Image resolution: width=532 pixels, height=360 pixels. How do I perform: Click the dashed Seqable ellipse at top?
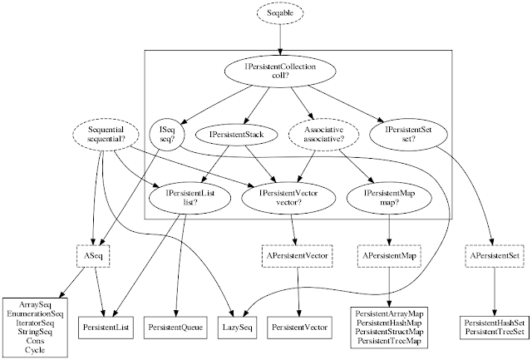click(280, 14)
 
